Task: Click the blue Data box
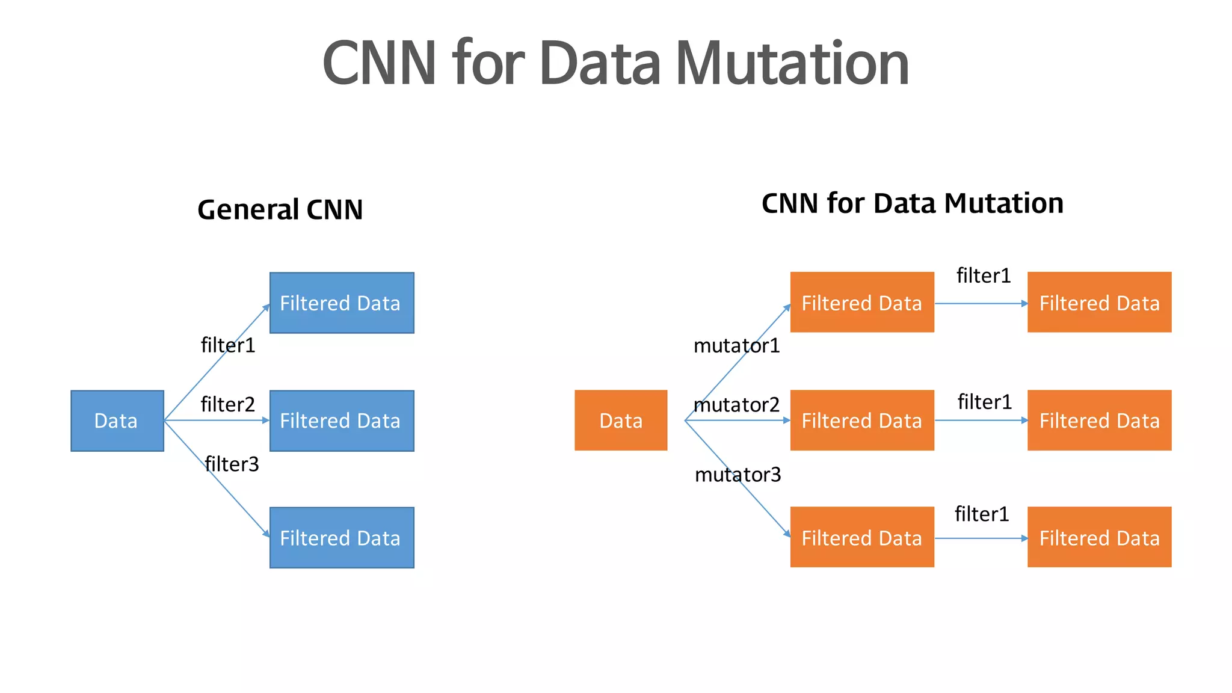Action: [117, 420]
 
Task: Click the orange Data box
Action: [621, 420]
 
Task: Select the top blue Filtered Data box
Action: [342, 303]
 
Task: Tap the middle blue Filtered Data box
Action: [342, 420]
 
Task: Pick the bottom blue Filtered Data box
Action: [342, 537]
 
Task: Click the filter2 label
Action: [228, 404]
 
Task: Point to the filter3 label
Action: [232, 464]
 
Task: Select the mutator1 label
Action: [736, 345]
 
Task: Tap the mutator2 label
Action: [736, 405]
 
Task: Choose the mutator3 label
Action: [738, 475]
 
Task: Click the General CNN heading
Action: [280, 209]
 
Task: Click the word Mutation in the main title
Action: [792, 63]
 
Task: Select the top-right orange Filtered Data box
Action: [1099, 302]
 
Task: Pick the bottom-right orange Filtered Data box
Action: [1099, 537]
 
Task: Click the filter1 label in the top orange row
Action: [984, 276]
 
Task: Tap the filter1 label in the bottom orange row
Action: [982, 514]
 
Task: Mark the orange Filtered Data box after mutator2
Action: [862, 420]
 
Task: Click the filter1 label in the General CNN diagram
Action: [228, 345]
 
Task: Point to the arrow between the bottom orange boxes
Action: [981, 538]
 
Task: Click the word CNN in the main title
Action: [379, 63]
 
